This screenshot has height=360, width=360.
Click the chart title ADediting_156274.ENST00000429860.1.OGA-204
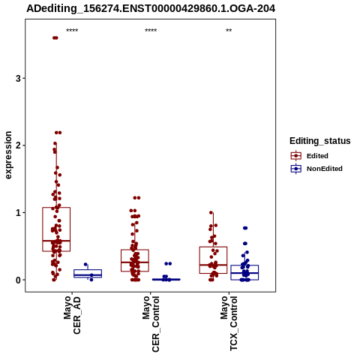point(151,8)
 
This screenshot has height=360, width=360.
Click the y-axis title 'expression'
point(8,155)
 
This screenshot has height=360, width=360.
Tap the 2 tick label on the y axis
point(18,145)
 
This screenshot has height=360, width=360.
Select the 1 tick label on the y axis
point(18,213)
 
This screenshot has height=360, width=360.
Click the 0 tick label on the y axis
point(18,280)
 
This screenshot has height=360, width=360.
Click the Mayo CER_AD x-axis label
point(72,315)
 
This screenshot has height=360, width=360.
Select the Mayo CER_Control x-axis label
point(151,324)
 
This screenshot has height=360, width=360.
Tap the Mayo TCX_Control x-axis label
point(229,323)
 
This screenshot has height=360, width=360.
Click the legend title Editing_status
point(320,141)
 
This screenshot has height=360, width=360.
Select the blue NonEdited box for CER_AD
point(88,274)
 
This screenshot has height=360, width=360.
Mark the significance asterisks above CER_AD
point(72,31)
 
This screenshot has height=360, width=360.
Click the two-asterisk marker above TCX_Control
point(229,31)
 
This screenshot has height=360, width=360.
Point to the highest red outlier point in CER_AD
point(55,37)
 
